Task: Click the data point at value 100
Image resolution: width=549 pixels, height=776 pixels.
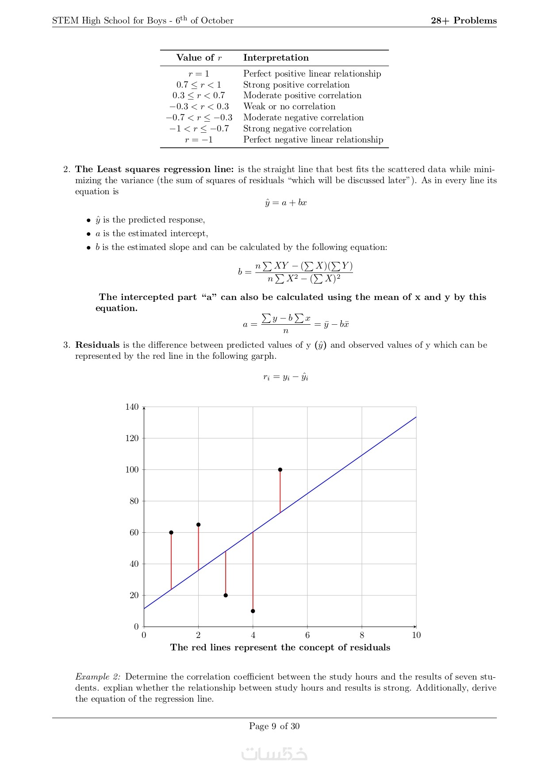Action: pyautogui.click(x=280, y=469)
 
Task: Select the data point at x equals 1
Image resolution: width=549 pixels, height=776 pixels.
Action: pyautogui.click(x=171, y=532)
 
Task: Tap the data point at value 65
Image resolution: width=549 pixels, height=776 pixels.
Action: pyautogui.click(x=198, y=525)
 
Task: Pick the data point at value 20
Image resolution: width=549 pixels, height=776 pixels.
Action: pyautogui.click(x=226, y=595)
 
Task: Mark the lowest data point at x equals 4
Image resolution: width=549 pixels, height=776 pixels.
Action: pyautogui.click(x=253, y=611)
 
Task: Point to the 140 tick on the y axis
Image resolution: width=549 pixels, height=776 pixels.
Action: pyautogui.click(x=132, y=407)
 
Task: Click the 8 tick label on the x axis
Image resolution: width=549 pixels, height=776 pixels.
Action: pyautogui.click(x=362, y=635)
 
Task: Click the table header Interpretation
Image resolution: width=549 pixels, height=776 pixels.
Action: pyautogui.click(x=276, y=58)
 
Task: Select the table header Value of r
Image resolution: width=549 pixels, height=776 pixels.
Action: pyautogui.click(x=199, y=58)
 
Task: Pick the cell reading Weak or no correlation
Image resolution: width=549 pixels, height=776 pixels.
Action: pyautogui.click(x=289, y=106)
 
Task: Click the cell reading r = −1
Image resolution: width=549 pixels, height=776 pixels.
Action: pyautogui.click(x=199, y=139)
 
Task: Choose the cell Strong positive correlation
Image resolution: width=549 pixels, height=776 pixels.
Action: pyautogui.click(x=296, y=85)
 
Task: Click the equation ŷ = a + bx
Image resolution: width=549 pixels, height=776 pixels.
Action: pyautogui.click(x=286, y=203)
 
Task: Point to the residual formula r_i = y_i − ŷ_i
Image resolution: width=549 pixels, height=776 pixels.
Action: pyautogui.click(x=286, y=377)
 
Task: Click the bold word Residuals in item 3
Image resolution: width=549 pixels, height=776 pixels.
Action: pyautogui.click(x=97, y=345)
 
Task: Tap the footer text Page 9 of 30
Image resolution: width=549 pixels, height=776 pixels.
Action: pyautogui.click(x=274, y=726)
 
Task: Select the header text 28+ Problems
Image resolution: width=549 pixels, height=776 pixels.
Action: pyautogui.click(x=464, y=20)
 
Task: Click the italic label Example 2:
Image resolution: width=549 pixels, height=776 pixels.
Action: pyautogui.click(x=98, y=676)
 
